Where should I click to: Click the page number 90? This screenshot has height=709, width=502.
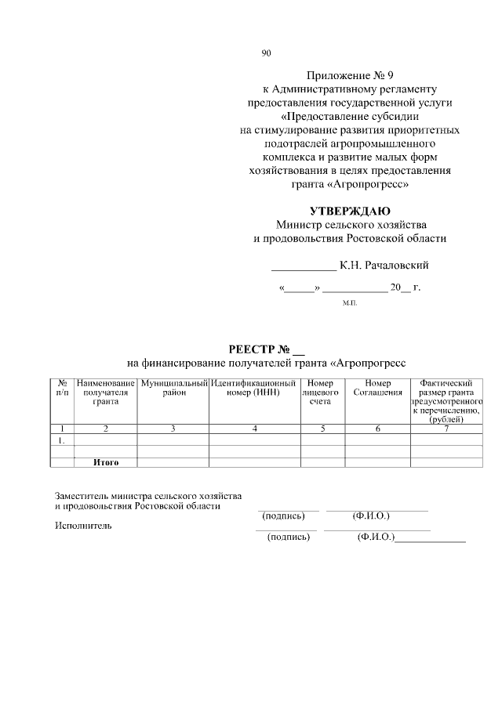(x=266, y=53)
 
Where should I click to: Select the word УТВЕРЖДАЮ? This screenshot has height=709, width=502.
(x=350, y=211)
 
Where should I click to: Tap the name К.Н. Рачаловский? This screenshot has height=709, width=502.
(x=384, y=265)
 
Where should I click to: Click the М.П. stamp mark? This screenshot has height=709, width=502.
(x=350, y=302)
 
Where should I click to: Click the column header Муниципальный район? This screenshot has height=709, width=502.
(x=173, y=387)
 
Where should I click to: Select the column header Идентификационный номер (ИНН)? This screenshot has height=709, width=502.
(x=254, y=387)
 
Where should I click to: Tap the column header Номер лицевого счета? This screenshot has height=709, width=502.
(x=319, y=392)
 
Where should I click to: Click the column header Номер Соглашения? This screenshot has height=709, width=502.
(x=377, y=387)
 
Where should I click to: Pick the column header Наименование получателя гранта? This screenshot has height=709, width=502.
(x=105, y=392)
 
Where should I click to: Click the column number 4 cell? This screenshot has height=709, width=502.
(x=254, y=429)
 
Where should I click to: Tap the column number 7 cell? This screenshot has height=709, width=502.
(x=446, y=429)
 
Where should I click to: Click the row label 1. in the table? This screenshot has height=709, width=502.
(x=61, y=440)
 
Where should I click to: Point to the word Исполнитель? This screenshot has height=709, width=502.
(x=83, y=525)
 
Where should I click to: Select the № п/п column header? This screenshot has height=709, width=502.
(x=62, y=387)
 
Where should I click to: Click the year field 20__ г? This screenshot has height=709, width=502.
(x=406, y=288)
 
